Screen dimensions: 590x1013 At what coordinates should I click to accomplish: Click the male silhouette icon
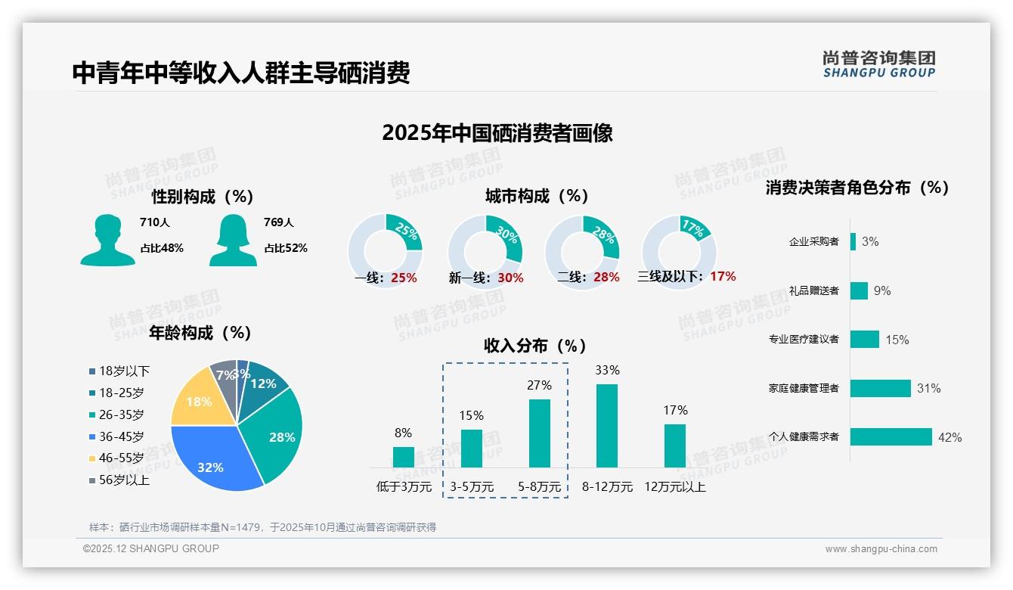(x=107, y=241)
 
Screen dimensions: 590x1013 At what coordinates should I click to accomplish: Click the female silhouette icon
(x=233, y=241)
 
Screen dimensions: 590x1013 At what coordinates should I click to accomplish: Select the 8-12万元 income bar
(x=607, y=426)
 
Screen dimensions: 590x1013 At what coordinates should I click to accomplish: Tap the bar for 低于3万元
(x=404, y=457)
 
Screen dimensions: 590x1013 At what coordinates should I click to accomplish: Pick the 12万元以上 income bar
(x=675, y=446)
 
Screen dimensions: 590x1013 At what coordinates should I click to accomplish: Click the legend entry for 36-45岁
(x=121, y=436)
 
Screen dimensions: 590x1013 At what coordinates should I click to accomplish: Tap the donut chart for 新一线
(x=485, y=251)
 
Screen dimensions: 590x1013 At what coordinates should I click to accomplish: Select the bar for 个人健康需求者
(x=891, y=437)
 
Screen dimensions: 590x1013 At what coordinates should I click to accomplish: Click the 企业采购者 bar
(x=853, y=241)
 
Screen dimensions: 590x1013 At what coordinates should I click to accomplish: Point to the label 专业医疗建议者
(x=804, y=340)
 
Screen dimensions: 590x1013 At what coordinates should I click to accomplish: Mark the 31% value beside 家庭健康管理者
(x=928, y=389)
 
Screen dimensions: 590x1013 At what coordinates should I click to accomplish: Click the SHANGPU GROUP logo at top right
(x=878, y=64)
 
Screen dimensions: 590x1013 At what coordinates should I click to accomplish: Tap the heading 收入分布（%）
(x=535, y=346)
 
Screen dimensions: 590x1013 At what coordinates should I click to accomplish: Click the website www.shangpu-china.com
(x=881, y=549)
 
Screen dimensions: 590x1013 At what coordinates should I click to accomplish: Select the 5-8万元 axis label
(x=540, y=487)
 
